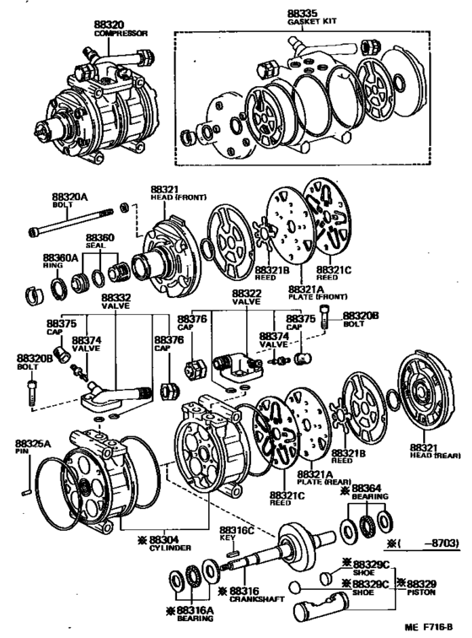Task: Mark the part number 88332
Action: pos(116,297)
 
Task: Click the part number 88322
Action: pos(247,293)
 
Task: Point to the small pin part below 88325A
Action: pos(29,487)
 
